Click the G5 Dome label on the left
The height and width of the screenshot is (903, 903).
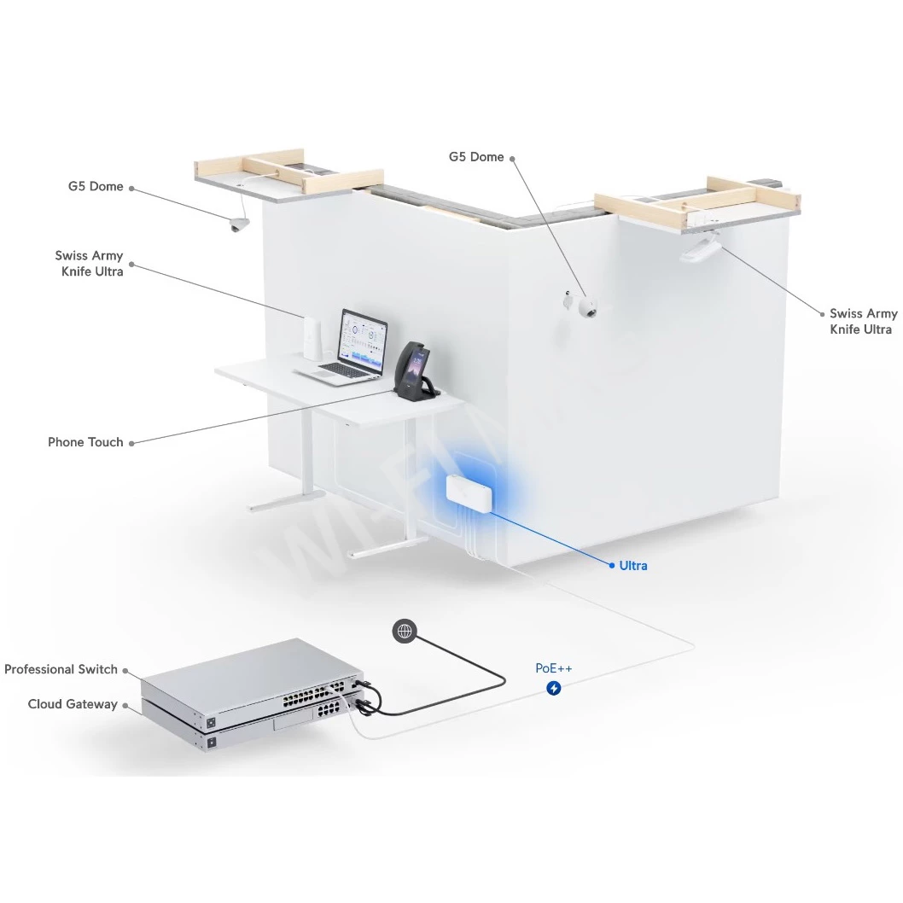click(x=96, y=187)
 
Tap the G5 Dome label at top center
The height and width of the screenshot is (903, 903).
click(x=476, y=157)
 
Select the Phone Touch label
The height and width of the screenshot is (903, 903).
click(x=85, y=442)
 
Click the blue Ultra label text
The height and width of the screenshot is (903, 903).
click(x=633, y=566)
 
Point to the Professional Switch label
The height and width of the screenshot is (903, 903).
click(x=61, y=669)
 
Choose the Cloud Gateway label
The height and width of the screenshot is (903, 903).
click(x=73, y=704)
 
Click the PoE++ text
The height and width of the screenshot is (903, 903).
click(x=553, y=668)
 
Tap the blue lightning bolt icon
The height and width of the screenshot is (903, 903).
click(x=553, y=688)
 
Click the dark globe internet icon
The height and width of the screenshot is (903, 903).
click(x=405, y=632)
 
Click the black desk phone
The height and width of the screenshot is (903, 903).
click(x=416, y=371)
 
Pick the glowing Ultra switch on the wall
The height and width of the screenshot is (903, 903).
click(x=469, y=493)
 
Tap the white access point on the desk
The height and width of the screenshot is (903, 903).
click(x=312, y=338)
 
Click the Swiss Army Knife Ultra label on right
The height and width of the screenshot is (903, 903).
click(x=862, y=322)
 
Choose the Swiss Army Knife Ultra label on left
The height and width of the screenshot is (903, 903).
click(x=90, y=263)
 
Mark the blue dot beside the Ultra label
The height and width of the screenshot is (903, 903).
click(x=612, y=566)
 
